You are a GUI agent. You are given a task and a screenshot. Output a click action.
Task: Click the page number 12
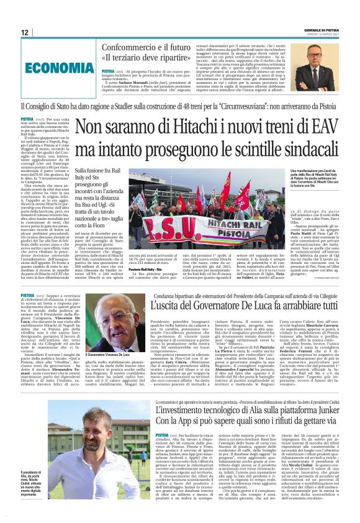point(24,32)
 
